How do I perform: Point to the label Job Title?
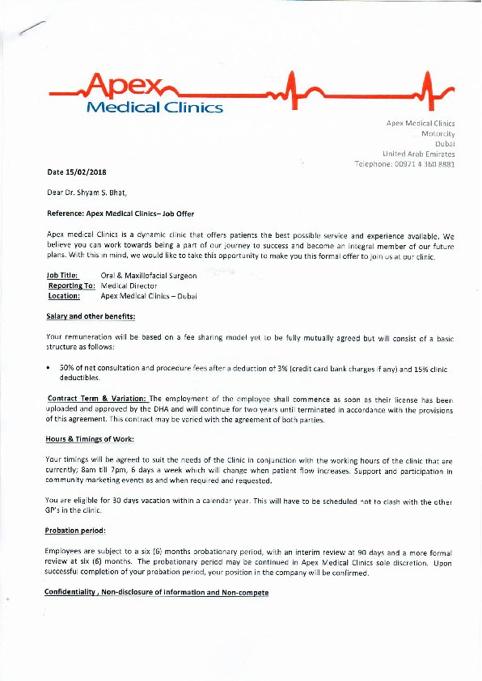[x=63, y=276]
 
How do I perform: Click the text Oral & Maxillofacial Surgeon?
[x=149, y=276]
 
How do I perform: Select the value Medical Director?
[x=129, y=286]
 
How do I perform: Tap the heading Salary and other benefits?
[x=91, y=315]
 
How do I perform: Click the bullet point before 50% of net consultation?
[x=50, y=368]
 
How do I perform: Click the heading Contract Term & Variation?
[x=97, y=399]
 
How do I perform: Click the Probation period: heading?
[x=76, y=531]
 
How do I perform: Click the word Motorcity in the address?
[x=438, y=133]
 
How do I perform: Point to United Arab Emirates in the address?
[x=418, y=154]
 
